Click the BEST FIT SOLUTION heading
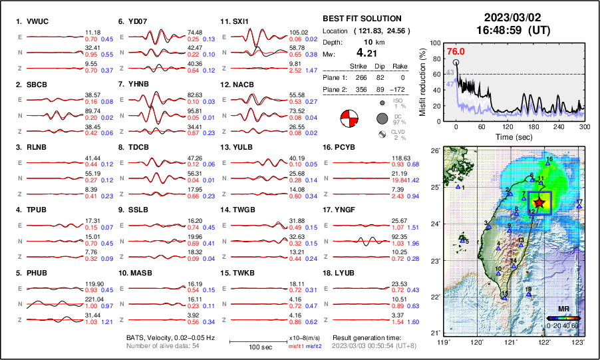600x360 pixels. pos(362,19)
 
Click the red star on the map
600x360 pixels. pos(539,202)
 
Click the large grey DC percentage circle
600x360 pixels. pos(382,118)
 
